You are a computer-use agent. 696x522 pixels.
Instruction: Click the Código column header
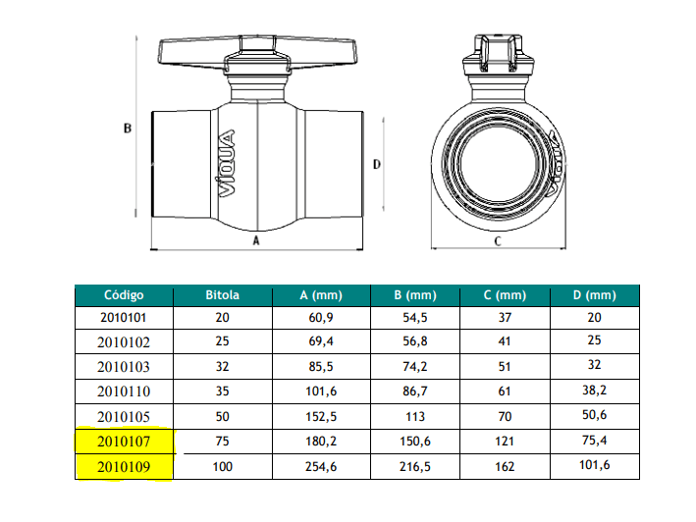[x=124, y=295]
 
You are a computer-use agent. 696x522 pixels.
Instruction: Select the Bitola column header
[x=223, y=295]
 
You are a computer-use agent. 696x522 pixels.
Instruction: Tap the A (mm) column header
[x=321, y=295]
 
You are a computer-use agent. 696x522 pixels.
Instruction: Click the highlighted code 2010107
[x=124, y=442]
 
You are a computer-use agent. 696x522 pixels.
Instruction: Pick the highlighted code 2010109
[x=124, y=467]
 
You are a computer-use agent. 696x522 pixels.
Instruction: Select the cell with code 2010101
[x=124, y=318]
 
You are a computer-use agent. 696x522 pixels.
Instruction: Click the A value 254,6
[x=321, y=467]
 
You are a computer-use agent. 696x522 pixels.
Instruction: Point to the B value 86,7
[x=415, y=391]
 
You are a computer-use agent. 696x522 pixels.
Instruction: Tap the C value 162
[x=505, y=467]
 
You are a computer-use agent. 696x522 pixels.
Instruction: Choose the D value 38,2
[x=594, y=391]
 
